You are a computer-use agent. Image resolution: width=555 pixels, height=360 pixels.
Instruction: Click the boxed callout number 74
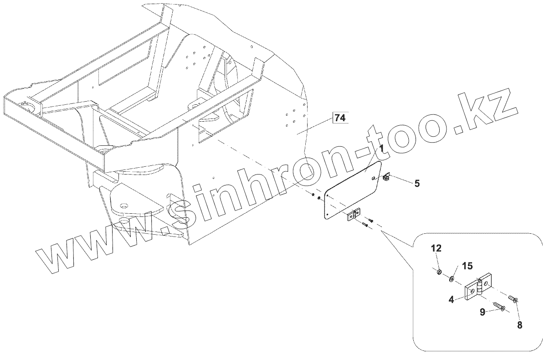click(x=340, y=118)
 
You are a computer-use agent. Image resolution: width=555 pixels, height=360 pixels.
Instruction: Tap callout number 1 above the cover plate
click(x=381, y=149)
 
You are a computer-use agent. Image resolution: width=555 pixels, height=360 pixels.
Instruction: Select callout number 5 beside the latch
click(x=417, y=183)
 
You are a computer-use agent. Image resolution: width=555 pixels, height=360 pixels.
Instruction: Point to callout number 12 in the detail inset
click(x=436, y=248)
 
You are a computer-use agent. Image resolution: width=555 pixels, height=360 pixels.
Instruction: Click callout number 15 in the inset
click(x=468, y=266)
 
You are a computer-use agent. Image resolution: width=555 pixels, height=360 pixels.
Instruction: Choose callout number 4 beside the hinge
click(x=451, y=299)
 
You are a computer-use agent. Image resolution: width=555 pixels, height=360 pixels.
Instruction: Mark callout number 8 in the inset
click(x=519, y=325)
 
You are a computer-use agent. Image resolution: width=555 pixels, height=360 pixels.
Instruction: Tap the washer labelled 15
click(x=453, y=278)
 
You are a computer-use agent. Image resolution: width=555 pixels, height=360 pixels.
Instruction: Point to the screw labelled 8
click(x=512, y=299)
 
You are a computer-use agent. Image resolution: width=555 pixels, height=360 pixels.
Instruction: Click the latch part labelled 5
click(x=387, y=178)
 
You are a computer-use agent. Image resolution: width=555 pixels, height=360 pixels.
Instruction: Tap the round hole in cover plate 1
click(x=374, y=179)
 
